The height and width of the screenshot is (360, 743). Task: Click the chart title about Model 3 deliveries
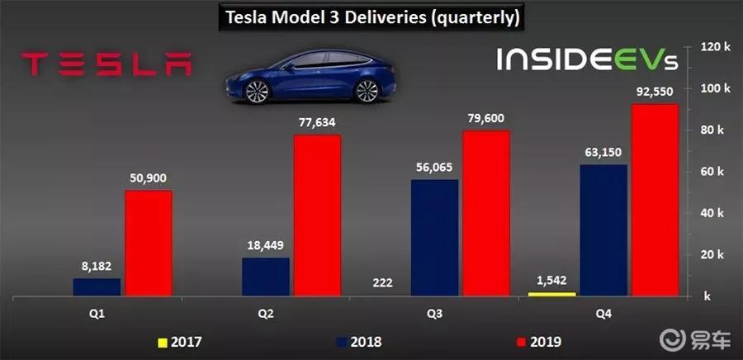point(371,17)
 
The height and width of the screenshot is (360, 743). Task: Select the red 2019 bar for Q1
point(149,243)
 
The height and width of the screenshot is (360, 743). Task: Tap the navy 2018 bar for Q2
point(266,277)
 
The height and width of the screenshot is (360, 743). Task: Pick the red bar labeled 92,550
point(655,199)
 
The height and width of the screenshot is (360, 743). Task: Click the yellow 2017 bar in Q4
point(551,293)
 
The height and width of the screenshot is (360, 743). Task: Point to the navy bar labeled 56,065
point(434,237)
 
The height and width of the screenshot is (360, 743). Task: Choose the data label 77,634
point(319,122)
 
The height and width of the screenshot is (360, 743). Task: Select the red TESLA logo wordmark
point(106,65)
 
